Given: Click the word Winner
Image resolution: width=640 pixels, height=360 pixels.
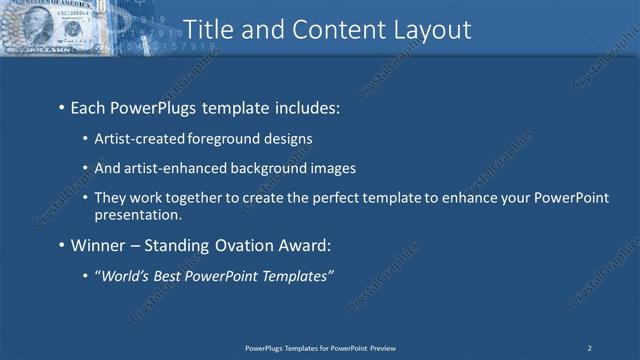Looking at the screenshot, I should tap(98, 244).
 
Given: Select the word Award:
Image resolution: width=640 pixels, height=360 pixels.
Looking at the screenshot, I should tap(302, 244).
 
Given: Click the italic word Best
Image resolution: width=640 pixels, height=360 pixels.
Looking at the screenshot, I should tap(176, 275).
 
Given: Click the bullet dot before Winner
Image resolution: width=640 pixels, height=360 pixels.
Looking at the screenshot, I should tap(61, 245).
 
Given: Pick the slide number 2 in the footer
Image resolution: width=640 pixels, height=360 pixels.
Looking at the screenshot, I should tap(590, 348).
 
